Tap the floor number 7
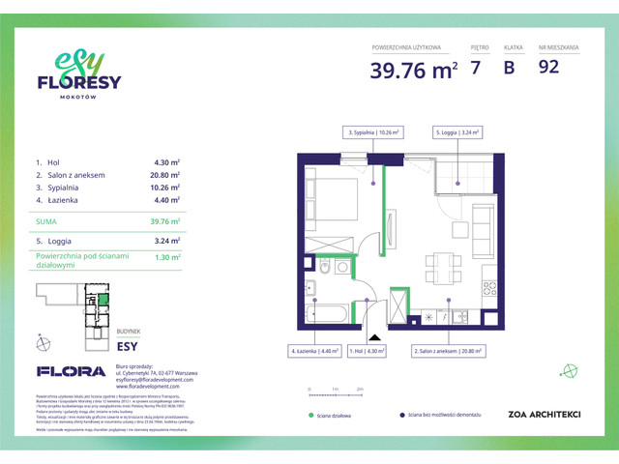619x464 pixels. (x=475, y=68)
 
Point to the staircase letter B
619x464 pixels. (x=509, y=68)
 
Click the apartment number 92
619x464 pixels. (x=548, y=68)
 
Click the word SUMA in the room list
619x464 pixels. (x=47, y=221)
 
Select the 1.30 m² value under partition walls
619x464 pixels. (x=167, y=258)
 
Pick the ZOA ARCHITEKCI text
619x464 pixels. (x=544, y=415)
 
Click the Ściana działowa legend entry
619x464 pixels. (x=338, y=415)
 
